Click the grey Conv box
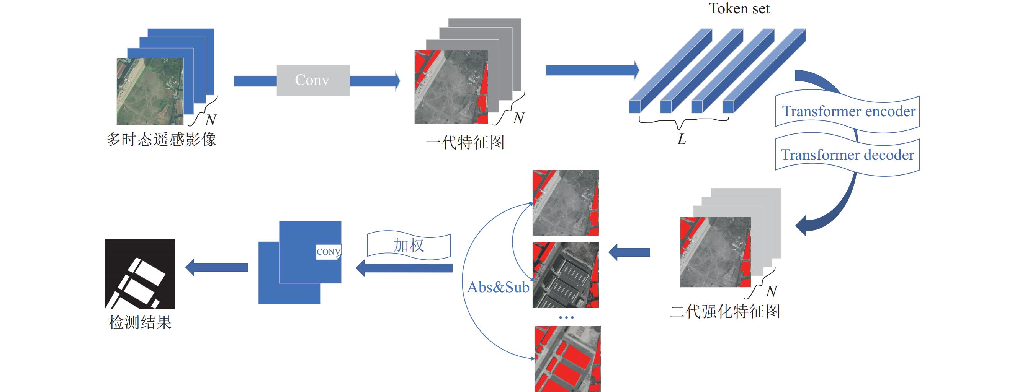313,80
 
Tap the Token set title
739,8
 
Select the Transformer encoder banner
848,111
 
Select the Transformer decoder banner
848,154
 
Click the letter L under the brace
682,139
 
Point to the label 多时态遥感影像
161,140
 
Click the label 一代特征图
465,142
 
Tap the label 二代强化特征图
725,311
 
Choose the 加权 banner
409,245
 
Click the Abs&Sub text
498,287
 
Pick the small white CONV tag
328,252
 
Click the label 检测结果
140,322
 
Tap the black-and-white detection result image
140,273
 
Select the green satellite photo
150,91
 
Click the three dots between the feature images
566,317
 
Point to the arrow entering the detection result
217,267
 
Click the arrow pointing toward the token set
592,70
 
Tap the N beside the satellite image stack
211,119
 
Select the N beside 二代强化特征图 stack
772,291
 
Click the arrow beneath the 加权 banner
404,268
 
